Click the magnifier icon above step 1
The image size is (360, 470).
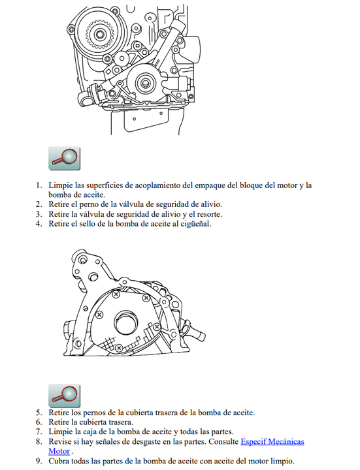tap(64, 158)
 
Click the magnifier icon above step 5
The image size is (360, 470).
tap(64, 396)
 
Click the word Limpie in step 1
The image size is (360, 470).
tap(61, 185)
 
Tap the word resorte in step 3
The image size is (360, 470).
tap(209, 214)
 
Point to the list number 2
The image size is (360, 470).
tap(39, 204)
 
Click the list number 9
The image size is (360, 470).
tap(39, 461)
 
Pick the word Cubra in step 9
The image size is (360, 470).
tap(59, 461)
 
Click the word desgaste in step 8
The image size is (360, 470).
tap(145, 442)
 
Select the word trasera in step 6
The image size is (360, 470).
tap(121, 422)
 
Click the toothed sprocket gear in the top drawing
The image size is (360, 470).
tap(99, 33)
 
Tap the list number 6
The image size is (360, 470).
tap(39, 422)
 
